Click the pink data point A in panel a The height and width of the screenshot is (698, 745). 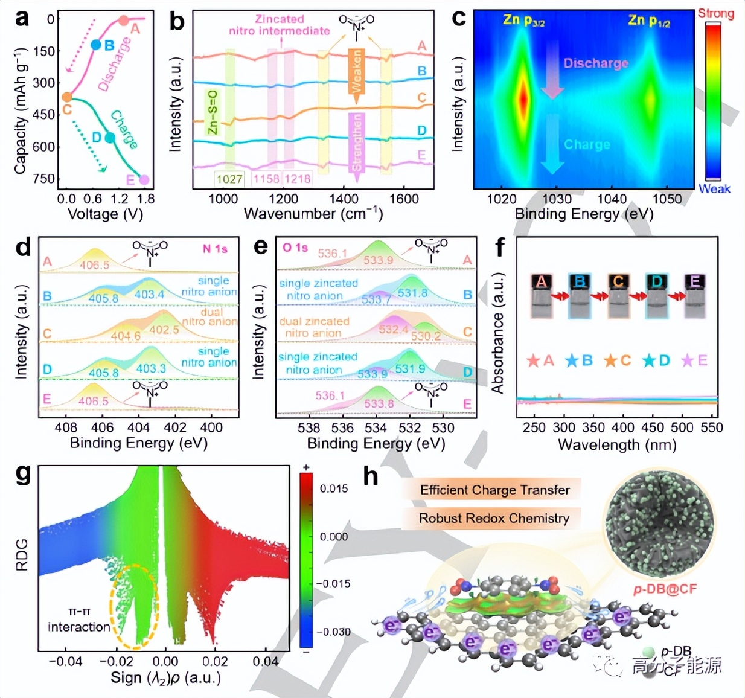point(124,21)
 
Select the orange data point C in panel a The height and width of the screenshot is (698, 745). point(67,97)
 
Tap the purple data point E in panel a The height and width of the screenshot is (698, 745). point(144,179)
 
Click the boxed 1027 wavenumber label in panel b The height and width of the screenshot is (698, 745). point(229,179)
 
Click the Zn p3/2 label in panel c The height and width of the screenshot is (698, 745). point(523,21)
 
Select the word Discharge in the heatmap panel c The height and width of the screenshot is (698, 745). point(595,63)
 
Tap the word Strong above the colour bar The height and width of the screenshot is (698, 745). point(716,13)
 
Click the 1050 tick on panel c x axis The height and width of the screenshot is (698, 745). point(667,199)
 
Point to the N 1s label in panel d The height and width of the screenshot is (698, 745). point(215,249)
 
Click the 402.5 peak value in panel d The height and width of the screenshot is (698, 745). point(164,330)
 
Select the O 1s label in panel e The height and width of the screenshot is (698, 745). point(295,248)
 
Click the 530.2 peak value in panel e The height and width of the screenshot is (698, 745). point(426,336)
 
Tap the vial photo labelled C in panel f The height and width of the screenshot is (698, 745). point(618,296)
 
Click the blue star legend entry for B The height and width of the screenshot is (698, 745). point(578,360)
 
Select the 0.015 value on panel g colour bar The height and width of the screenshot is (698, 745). point(334,488)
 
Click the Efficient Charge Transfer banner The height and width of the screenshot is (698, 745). point(494,490)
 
